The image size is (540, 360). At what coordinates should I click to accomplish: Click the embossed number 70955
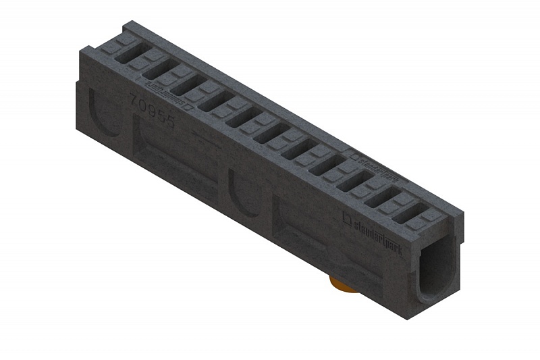pyautogui.click(x=152, y=111)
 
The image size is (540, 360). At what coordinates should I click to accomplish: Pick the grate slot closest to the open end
pyautogui.click(x=408, y=213)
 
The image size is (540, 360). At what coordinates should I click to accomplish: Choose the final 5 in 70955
pyautogui.click(x=169, y=122)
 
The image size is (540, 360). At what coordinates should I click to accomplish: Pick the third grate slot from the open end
pyautogui.click(x=352, y=182)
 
